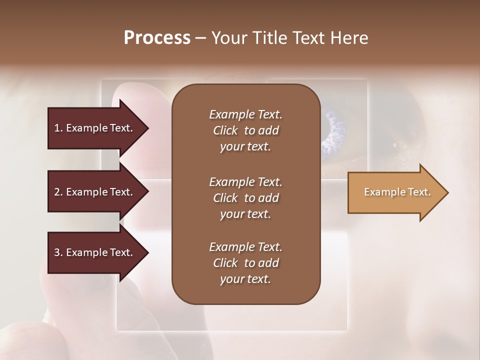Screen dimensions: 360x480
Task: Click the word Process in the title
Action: pos(157,38)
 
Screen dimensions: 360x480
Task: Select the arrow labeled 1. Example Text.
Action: pos(95,128)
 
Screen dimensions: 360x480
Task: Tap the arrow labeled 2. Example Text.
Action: pos(95,192)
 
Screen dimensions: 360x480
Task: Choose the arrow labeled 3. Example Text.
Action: pos(95,252)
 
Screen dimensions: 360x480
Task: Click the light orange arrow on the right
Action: pos(395,192)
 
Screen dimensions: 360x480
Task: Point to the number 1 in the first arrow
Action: pos(57,128)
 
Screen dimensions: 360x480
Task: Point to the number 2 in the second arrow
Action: pos(57,192)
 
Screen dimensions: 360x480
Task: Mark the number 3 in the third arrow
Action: pos(57,252)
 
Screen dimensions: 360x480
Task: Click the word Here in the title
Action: pos(350,38)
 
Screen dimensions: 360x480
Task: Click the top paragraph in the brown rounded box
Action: pos(245,130)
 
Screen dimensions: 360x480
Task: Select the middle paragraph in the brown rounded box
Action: pos(245,198)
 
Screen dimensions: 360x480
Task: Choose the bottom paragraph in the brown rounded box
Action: pos(245,263)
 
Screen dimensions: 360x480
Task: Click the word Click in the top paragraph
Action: pos(225,130)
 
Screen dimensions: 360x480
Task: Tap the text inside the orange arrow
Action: pos(397,192)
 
